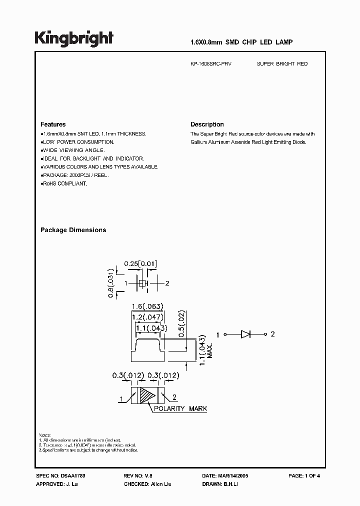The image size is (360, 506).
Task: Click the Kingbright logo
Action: pyautogui.click(x=74, y=38)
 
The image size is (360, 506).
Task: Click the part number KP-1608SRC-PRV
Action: pyautogui.click(x=210, y=64)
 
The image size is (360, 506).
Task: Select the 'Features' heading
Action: pyautogui.click(x=53, y=124)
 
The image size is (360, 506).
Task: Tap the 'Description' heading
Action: pyautogui.click(x=207, y=124)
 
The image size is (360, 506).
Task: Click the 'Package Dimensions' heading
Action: pyautogui.click(x=73, y=230)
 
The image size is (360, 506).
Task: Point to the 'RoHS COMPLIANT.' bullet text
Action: pyautogui.click(x=64, y=184)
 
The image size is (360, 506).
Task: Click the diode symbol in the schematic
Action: pyautogui.click(x=245, y=334)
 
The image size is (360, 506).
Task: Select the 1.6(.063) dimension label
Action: pyautogui.click(x=147, y=306)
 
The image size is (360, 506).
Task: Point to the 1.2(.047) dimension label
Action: pyautogui.click(x=147, y=317)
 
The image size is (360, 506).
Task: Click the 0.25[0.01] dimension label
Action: pyautogui.click(x=141, y=263)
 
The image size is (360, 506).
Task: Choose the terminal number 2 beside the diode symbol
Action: pyautogui.click(x=272, y=334)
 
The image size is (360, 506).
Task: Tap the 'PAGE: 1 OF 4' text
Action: pyautogui.click(x=304, y=476)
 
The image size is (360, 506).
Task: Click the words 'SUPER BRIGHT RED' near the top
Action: pyautogui.click(x=282, y=64)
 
